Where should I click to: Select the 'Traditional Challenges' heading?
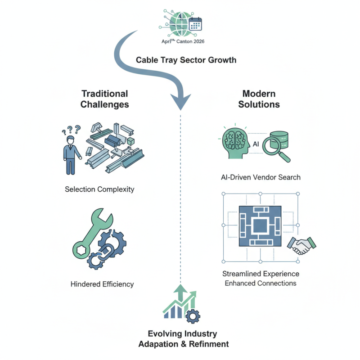[x=105, y=99]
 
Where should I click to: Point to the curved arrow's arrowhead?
[x=180, y=102]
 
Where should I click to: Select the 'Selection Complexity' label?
[x=99, y=189]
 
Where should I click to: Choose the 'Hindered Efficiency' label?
[x=102, y=284]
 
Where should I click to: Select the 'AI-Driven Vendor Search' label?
[x=261, y=177]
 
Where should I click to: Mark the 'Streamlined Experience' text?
[x=261, y=274]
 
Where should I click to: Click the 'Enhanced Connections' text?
[x=261, y=283]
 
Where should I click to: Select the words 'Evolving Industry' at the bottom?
[x=183, y=334]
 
